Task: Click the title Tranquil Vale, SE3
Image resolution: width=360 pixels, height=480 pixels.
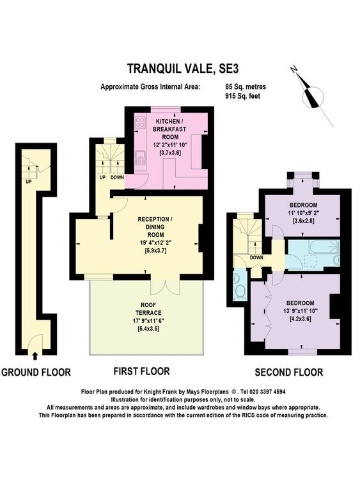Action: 183,68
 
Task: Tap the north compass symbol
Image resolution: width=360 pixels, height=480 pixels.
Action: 312,96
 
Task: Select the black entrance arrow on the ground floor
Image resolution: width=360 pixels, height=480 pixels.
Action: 35,355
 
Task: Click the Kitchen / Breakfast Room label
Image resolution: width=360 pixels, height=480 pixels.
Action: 170,129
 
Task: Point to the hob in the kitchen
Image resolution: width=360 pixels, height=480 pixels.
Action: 141,123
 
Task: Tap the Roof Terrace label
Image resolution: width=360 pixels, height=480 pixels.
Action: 148,309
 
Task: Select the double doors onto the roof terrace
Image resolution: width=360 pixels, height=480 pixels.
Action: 165,287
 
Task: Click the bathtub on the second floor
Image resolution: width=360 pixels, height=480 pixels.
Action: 324,247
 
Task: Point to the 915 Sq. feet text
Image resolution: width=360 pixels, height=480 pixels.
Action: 242,96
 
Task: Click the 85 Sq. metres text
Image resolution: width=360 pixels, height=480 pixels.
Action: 246,86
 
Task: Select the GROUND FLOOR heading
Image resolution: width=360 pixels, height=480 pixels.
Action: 36,372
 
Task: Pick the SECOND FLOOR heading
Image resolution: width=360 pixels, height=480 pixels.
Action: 289,372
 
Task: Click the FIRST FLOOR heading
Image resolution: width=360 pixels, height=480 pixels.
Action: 141,371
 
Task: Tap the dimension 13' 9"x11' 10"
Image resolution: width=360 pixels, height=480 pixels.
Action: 301,311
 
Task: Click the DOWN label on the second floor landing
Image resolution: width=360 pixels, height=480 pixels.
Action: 256,257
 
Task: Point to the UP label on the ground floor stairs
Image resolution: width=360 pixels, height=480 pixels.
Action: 29,182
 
